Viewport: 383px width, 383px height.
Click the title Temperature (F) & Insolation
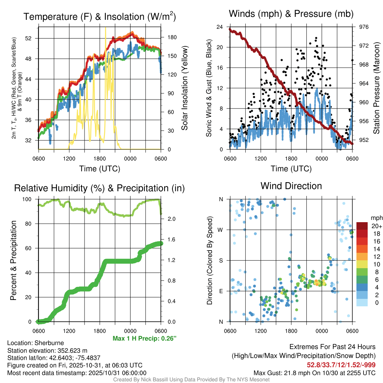tap(99, 17)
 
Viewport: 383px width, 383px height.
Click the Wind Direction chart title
tap(291, 186)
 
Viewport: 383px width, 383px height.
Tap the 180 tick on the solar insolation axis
tap(172, 37)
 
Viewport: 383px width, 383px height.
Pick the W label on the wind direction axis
tap(221, 230)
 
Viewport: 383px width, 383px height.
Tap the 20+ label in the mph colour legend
tap(377, 226)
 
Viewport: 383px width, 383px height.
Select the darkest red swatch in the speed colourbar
tap(362, 226)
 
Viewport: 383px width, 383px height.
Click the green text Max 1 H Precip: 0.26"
tap(144, 338)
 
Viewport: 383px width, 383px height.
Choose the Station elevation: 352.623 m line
tap(47, 350)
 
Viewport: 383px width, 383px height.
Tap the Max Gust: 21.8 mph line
tap(315, 373)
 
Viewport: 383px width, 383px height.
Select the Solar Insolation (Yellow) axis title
tap(184, 88)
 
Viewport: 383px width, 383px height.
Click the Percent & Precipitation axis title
tap(14, 260)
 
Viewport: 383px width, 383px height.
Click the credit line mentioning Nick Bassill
tap(191, 380)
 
